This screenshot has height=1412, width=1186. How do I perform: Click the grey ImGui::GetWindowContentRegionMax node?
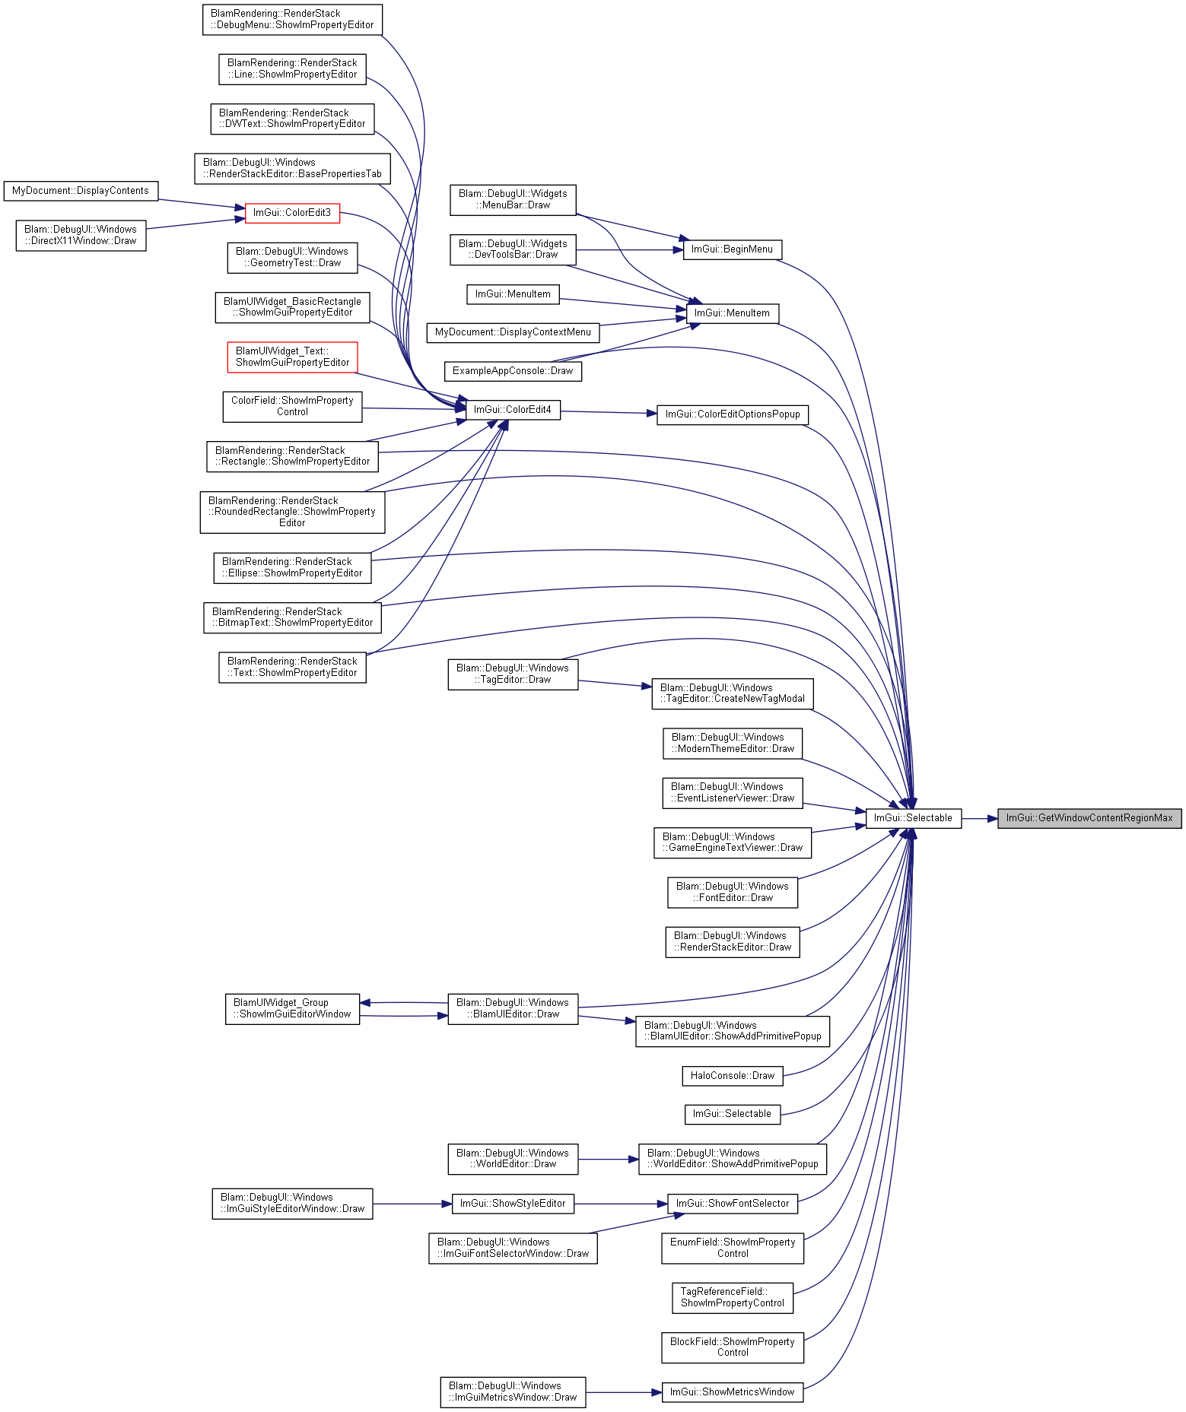coord(1089,818)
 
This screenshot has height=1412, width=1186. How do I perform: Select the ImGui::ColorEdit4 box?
coord(513,410)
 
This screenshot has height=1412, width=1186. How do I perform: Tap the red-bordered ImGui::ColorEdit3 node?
coord(292,213)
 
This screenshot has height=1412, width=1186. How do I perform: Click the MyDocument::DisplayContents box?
coord(81,191)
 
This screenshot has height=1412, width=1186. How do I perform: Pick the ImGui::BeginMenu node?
coord(732,249)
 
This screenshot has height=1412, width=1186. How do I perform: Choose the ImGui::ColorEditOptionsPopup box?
coord(733,414)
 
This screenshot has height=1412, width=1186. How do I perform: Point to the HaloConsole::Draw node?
coord(733,1076)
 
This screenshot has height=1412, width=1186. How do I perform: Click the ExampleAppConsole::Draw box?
coord(513,371)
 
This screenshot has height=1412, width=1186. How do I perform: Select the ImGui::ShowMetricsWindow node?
coord(733,1392)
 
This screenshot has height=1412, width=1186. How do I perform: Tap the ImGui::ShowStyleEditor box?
coord(513,1204)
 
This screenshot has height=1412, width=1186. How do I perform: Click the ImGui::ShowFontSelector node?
coord(733,1204)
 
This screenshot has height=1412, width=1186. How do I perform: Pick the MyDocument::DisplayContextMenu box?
coord(513,332)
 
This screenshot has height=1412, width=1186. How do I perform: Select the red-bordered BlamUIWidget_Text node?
coord(292,357)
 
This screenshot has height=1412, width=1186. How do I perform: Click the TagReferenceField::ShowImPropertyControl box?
coord(733,1298)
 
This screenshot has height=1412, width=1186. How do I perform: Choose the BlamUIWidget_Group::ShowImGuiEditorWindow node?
coord(292,1009)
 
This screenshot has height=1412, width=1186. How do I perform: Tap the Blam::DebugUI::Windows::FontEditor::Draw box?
coord(733,893)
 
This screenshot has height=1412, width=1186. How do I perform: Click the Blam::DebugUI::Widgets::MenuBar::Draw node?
coord(513,200)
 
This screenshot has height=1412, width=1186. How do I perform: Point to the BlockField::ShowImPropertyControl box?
coord(733,1347)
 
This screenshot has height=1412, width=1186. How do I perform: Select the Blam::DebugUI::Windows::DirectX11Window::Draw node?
coord(81,236)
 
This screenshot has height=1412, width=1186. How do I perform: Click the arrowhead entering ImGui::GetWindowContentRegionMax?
coord(992,818)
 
